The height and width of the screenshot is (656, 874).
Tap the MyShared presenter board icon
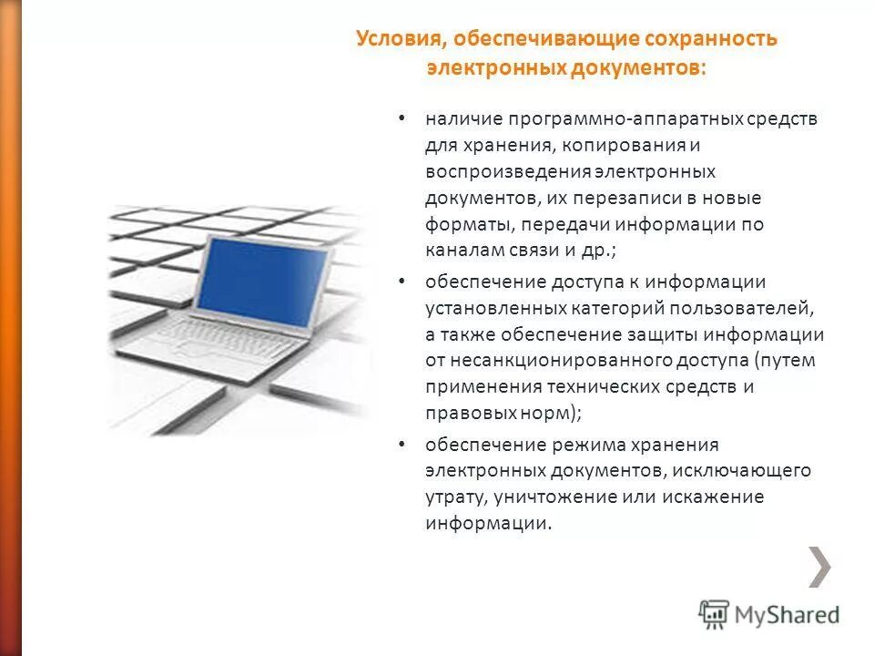coord(714,614)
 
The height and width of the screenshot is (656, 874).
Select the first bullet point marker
coord(401,119)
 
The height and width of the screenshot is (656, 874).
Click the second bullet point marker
coord(401,282)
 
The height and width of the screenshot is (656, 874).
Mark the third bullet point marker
coord(401,445)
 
